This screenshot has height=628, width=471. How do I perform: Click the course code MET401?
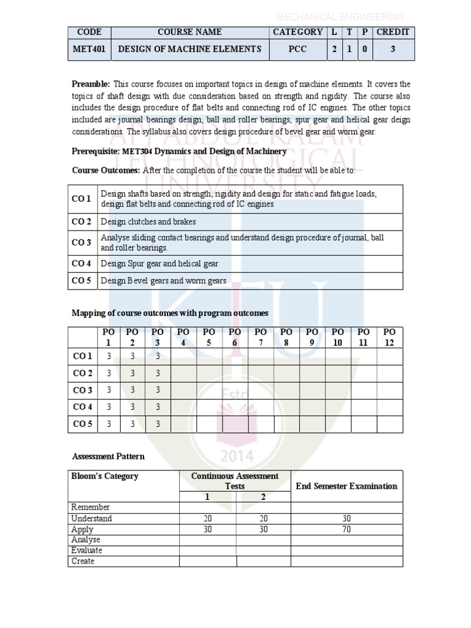(x=90, y=50)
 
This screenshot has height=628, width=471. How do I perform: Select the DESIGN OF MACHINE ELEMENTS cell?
(x=190, y=50)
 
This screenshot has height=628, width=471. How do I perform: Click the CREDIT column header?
(x=392, y=32)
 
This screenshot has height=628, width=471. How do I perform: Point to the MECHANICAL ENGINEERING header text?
(x=340, y=17)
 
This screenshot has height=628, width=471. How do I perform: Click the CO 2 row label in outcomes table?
(x=82, y=221)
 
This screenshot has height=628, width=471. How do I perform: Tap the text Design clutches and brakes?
(x=148, y=221)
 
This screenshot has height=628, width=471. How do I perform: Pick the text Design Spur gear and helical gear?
(x=159, y=264)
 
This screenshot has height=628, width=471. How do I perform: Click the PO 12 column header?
(x=389, y=337)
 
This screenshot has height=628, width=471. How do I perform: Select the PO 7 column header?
(x=261, y=337)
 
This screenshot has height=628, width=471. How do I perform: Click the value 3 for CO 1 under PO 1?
(x=109, y=356)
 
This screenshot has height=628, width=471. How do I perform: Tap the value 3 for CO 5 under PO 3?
(x=158, y=424)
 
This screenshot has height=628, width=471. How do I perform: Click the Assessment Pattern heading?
(x=109, y=456)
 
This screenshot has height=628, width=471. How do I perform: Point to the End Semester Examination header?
(x=347, y=486)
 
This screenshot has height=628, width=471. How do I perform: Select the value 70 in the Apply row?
(x=347, y=529)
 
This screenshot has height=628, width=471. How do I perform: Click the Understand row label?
(x=92, y=519)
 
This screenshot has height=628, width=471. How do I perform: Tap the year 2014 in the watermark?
(x=235, y=456)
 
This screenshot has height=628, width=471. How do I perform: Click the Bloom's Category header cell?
(x=105, y=476)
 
